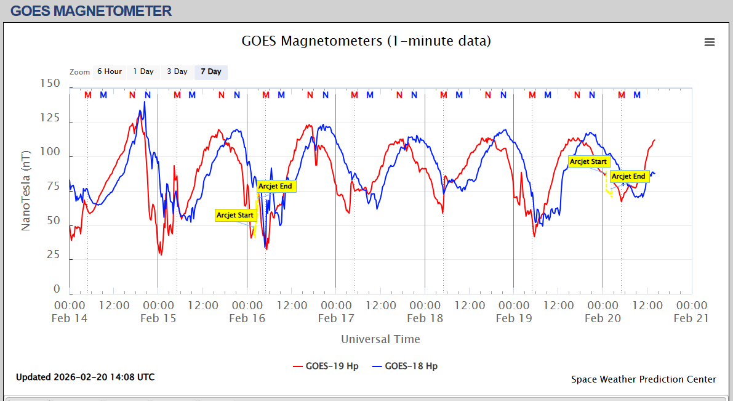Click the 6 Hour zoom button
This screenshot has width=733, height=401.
[110, 71]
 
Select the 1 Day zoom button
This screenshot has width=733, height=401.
[143, 71]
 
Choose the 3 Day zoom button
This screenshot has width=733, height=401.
[177, 71]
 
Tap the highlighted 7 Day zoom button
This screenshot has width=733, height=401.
[211, 71]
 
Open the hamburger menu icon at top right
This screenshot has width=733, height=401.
[710, 42]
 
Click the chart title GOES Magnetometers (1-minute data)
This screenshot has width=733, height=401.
[366, 41]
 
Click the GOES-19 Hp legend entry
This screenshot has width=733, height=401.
[327, 366]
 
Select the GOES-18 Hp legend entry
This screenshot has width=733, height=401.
[406, 366]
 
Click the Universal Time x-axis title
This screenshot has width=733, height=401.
[380, 339]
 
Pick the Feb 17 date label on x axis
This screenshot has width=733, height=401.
[336, 318]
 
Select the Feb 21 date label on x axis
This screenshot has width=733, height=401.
[691, 318]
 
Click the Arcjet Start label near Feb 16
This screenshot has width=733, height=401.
[235, 216]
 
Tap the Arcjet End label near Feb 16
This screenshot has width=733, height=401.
[275, 186]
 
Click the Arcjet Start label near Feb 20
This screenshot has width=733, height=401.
[588, 162]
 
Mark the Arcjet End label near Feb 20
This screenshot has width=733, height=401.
[628, 177]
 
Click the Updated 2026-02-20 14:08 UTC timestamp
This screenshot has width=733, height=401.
[86, 377]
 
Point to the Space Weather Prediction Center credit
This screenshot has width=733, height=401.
[644, 379]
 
